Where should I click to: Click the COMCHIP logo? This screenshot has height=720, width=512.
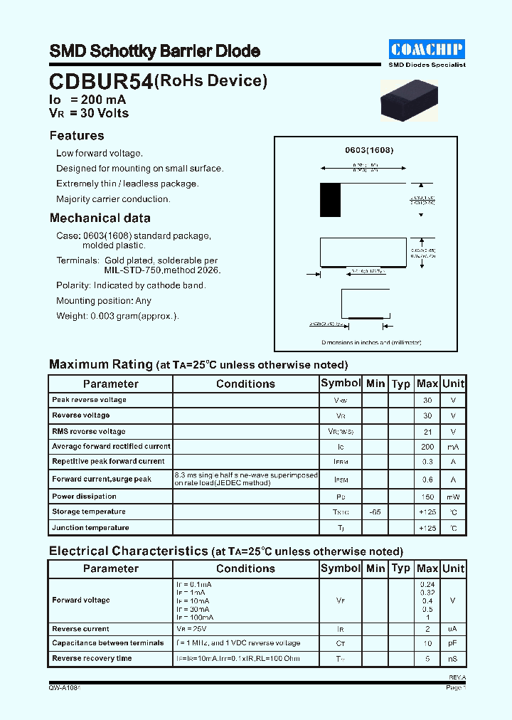pyautogui.click(x=427, y=48)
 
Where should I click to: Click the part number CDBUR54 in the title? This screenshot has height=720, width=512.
pyautogui.click(x=100, y=82)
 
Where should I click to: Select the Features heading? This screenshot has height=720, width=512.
pyautogui.click(x=77, y=136)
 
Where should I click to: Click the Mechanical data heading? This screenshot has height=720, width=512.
pyautogui.click(x=100, y=218)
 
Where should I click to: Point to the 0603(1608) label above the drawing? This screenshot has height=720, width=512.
pyautogui.click(x=369, y=150)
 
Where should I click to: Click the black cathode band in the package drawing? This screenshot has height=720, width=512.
pyautogui.click(x=330, y=200)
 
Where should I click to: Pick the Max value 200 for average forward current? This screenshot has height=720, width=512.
pyautogui.click(x=427, y=447)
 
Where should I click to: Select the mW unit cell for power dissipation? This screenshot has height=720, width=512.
pyautogui.click(x=453, y=497)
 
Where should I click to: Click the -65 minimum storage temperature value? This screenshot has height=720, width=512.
pyautogui.click(x=375, y=512)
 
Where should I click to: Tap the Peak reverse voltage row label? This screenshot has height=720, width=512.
pyautogui.click(x=89, y=400)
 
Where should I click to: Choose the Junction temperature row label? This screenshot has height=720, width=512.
pyautogui.click(x=90, y=528)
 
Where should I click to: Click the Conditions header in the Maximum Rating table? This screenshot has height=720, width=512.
pyautogui.click(x=245, y=384)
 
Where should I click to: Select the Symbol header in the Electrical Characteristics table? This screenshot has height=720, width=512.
pyautogui.click(x=341, y=568)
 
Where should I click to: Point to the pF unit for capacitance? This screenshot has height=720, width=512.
pyautogui.click(x=453, y=643)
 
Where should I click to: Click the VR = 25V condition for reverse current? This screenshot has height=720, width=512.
pyautogui.click(x=193, y=629)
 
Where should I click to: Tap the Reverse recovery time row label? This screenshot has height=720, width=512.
pyautogui.click(x=92, y=659)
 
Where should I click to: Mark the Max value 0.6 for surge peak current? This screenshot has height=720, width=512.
pyautogui.click(x=427, y=480)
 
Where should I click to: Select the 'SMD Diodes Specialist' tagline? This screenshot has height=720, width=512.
pyautogui.click(x=427, y=65)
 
